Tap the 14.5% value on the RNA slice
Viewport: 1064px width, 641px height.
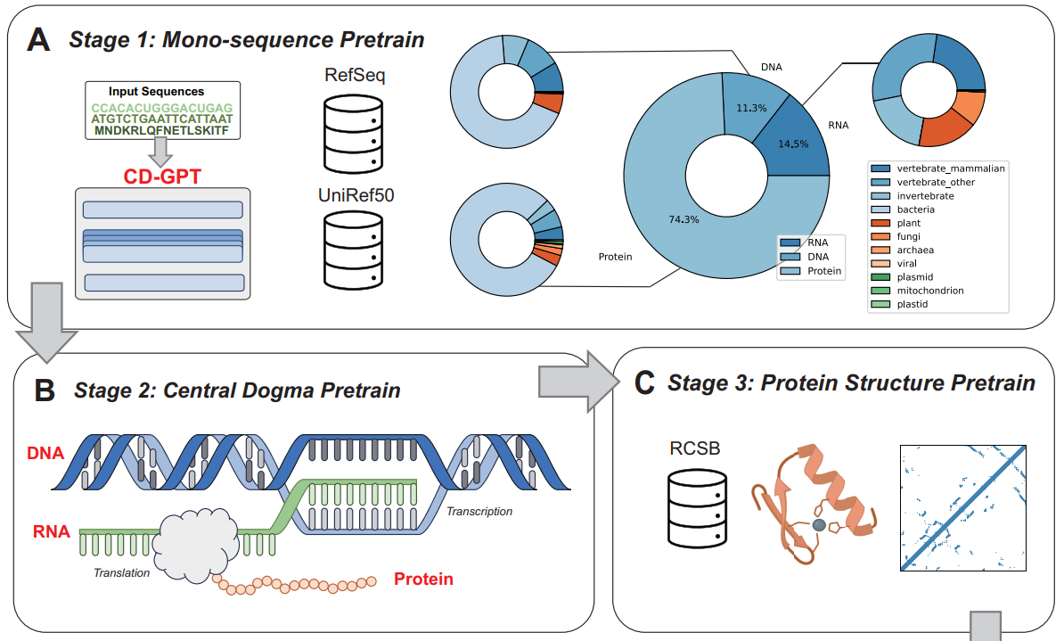[792, 144]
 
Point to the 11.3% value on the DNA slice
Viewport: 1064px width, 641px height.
[751, 108]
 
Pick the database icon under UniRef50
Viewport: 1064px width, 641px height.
[355, 249]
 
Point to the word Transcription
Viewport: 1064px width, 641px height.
[479, 512]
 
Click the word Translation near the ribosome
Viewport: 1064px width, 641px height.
[121, 572]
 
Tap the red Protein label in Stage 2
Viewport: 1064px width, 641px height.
[423, 579]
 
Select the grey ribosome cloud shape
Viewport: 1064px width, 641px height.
[195, 539]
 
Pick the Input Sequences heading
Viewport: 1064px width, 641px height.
[156, 92]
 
